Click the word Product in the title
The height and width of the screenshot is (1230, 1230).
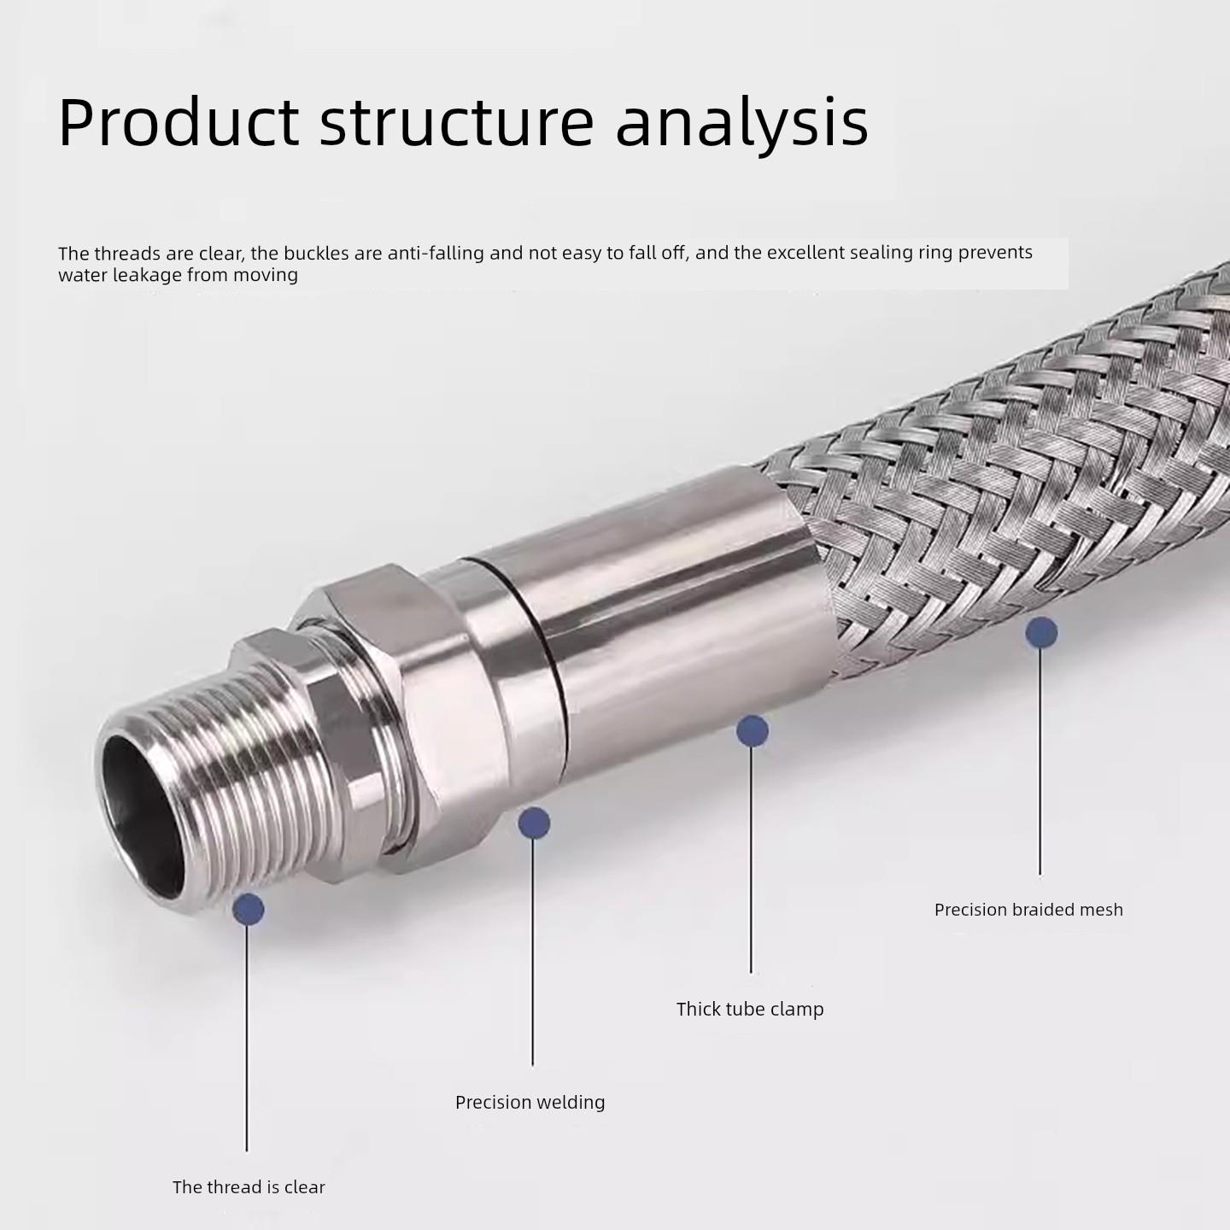179,121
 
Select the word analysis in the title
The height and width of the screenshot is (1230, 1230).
741,121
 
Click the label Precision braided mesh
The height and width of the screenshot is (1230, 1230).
1028,910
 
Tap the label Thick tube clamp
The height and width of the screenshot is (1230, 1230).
750,1009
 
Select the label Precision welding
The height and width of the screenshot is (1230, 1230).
530,1102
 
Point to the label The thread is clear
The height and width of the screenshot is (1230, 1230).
249,1186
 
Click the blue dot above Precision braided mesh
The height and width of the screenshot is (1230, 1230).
1041,633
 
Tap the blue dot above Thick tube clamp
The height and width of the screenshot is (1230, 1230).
752,731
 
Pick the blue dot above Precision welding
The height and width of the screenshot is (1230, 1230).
534,823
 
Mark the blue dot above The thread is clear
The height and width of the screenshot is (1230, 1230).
249,909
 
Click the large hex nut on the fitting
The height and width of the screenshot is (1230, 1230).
376,683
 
